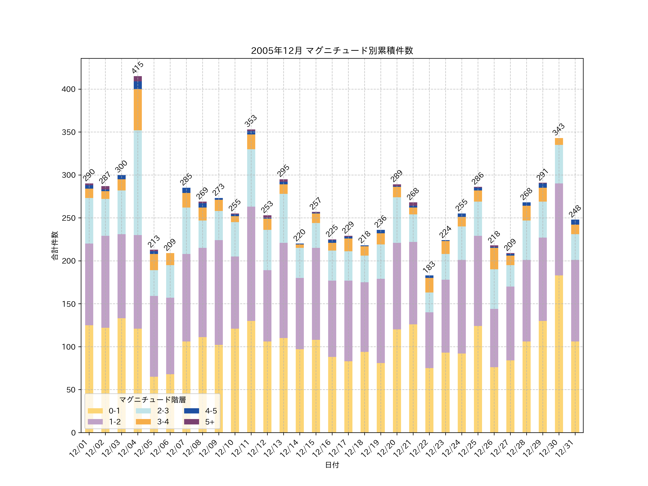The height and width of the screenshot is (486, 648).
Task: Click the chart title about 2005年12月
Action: pyautogui.click(x=332, y=51)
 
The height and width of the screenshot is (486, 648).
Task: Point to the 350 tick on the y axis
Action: pyautogui.click(x=69, y=132)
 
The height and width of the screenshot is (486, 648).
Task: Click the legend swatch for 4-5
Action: pyautogui.click(x=192, y=411)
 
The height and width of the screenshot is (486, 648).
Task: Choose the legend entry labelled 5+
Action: pyautogui.click(x=210, y=422)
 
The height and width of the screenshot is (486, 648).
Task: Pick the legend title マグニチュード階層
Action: pyautogui.click(x=152, y=400)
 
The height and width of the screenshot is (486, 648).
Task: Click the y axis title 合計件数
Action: pyautogui.click(x=55, y=246)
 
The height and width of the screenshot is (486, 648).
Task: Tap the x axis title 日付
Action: pyautogui.click(x=332, y=465)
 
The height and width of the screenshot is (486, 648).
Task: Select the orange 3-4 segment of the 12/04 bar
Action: pyautogui.click(x=138, y=110)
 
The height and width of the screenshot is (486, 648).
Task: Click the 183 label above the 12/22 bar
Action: pyautogui.click(x=429, y=267)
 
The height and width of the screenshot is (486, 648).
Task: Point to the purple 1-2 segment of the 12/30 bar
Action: pyautogui.click(x=559, y=229)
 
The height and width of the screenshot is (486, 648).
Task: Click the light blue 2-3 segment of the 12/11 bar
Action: pyautogui.click(x=251, y=178)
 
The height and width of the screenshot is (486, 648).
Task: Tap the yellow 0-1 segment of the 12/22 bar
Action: pyautogui.click(x=429, y=400)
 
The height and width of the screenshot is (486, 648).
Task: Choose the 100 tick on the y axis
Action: pyautogui.click(x=69, y=347)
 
